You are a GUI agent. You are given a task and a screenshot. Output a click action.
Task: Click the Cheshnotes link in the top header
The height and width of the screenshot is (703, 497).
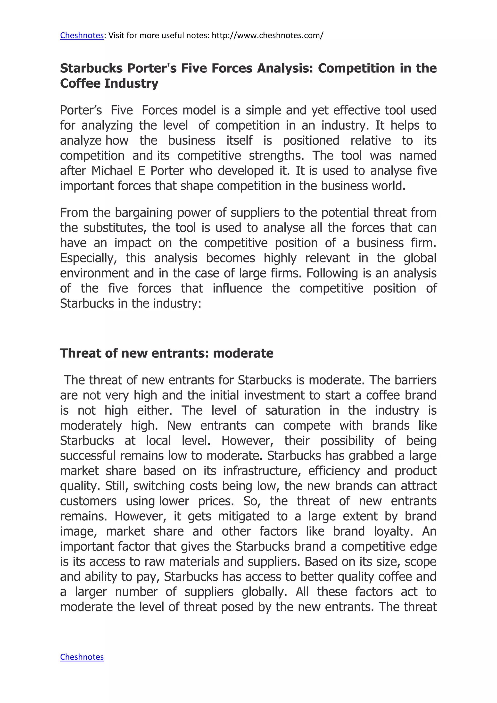[x=82, y=35]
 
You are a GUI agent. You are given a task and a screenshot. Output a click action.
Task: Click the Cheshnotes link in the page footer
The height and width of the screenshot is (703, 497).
[x=82, y=657]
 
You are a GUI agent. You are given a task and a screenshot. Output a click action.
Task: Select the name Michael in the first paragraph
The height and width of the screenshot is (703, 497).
[x=112, y=171]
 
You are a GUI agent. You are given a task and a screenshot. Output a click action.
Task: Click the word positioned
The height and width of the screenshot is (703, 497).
[x=311, y=140]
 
